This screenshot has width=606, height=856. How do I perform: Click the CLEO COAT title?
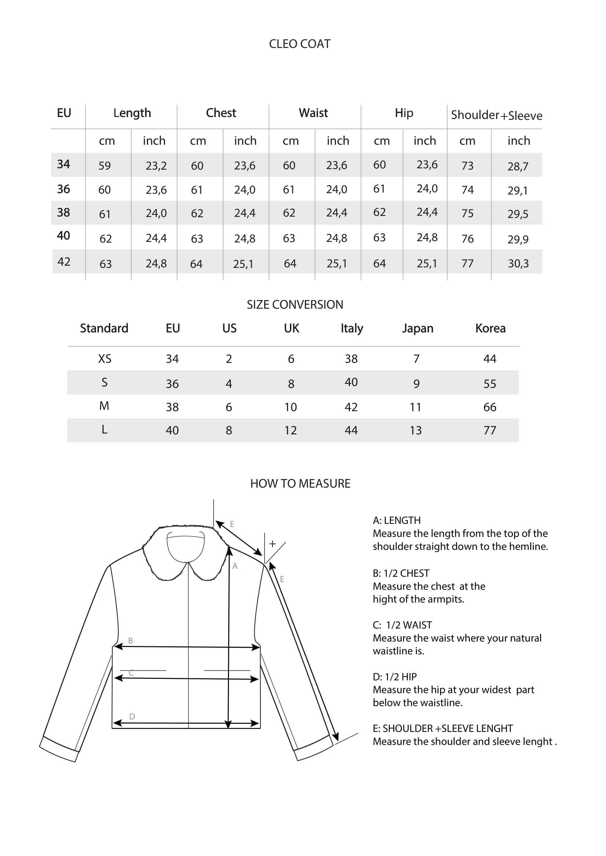click(300, 44)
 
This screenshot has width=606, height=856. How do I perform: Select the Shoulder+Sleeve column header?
click(496, 115)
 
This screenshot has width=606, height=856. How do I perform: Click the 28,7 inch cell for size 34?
click(518, 166)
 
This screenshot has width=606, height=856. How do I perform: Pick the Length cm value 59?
click(104, 165)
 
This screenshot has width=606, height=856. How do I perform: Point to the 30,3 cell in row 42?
click(518, 263)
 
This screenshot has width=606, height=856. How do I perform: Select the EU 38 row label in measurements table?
click(63, 213)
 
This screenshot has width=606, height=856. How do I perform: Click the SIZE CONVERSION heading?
click(295, 304)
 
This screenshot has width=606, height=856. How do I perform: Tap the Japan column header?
click(418, 328)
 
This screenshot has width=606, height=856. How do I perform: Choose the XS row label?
click(104, 359)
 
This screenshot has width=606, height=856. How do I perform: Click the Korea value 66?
click(489, 407)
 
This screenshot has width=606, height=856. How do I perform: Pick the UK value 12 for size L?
click(290, 431)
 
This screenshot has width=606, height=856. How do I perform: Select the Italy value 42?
click(351, 407)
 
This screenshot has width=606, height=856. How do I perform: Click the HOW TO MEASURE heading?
click(300, 483)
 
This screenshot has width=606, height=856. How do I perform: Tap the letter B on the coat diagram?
click(130, 640)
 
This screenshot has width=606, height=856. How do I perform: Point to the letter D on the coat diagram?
click(132, 716)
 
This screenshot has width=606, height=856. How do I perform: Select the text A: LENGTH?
click(396, 520)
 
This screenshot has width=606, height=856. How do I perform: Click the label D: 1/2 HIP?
click(395, 677)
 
